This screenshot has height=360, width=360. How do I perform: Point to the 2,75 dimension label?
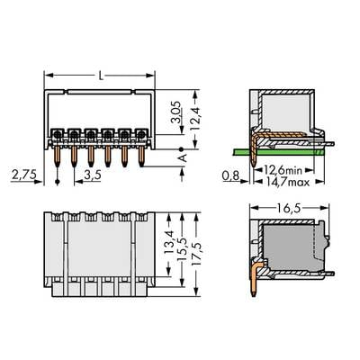coord(23,171)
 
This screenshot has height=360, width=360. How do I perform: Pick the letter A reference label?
coord(184,157)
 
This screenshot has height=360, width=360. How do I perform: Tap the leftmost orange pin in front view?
coord(59,155)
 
